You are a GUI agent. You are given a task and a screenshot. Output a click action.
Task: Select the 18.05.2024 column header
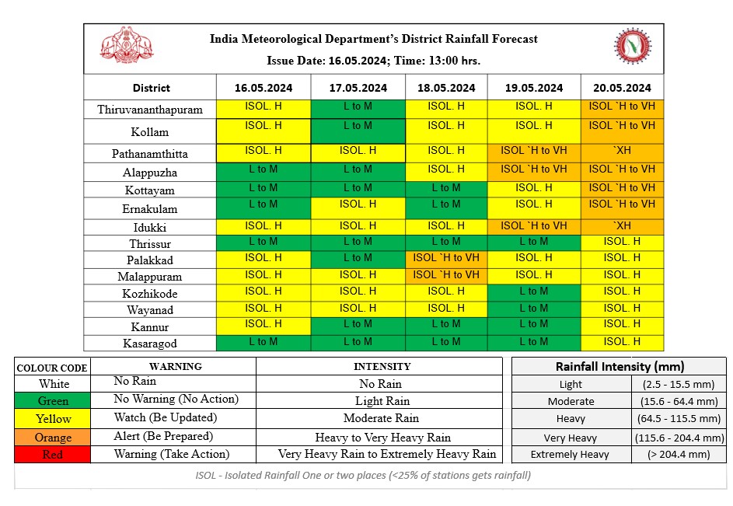445,88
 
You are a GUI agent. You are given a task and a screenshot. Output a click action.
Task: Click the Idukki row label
150,228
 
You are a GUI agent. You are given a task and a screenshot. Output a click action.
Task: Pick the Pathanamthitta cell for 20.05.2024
622,152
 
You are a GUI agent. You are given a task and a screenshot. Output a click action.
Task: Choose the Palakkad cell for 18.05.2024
445,257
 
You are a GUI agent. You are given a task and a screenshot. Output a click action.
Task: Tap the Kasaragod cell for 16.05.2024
263,342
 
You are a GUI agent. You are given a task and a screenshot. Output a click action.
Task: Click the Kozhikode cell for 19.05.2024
533,291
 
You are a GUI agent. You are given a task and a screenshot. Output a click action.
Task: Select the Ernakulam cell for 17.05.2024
358,204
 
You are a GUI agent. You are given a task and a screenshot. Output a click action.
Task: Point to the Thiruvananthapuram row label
150,110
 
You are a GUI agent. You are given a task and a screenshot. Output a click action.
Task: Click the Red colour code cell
52,455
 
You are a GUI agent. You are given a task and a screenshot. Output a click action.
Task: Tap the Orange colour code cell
52,438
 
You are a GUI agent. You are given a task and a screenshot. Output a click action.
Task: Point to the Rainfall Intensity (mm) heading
620,366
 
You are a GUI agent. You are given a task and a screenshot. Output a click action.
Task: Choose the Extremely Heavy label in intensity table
570,455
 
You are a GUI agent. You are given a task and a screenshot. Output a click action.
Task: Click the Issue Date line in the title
373,60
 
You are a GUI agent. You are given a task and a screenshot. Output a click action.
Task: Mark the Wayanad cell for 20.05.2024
622,308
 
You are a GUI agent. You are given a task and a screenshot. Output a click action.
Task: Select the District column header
151,88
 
